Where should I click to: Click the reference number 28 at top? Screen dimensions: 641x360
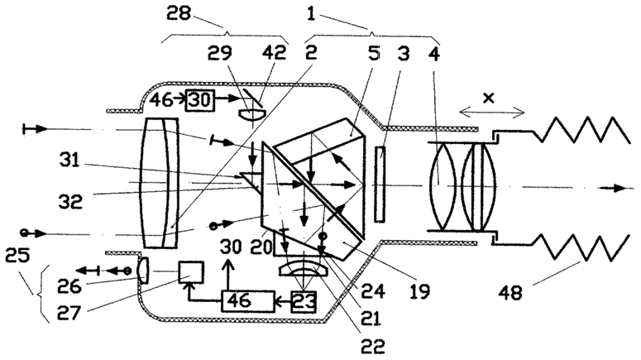[179, 13]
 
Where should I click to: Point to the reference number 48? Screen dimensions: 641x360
[510, 292]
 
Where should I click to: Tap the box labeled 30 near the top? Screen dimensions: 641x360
[200, 100]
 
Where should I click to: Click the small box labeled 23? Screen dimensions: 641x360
[304, 302]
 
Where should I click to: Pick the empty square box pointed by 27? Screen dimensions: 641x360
[190, 272]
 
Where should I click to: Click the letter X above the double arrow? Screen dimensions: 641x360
[489, 98]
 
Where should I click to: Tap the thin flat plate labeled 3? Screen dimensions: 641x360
[380, 185]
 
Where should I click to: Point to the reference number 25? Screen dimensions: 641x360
[17, 257]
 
